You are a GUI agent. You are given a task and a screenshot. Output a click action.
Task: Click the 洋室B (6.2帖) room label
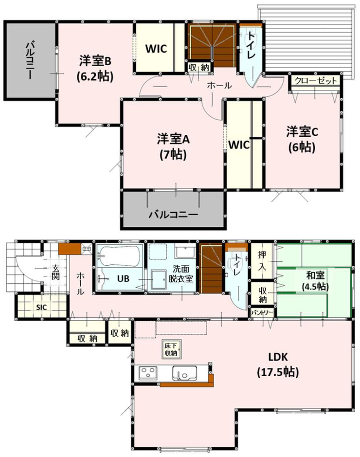click(95, 69)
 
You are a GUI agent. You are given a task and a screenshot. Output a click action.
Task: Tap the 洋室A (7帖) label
click(173, 146)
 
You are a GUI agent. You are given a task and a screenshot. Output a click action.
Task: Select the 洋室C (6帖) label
click(302, 140)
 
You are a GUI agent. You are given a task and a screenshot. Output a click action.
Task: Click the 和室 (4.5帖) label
click(315, 281)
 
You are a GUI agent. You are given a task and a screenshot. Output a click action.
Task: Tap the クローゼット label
click(315, 80)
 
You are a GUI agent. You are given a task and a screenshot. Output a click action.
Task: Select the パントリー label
click(262, 313)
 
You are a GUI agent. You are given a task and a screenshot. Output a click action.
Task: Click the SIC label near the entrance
click(41, 307)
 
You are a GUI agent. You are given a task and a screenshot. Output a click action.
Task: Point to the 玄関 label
click(55, 272)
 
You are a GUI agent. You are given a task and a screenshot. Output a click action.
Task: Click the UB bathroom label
click(123, 279)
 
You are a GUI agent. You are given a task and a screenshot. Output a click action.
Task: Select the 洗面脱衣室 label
click(180, 274)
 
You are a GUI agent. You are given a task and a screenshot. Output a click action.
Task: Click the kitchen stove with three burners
click(147, 373)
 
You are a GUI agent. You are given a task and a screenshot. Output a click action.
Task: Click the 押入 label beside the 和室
click(262, 260)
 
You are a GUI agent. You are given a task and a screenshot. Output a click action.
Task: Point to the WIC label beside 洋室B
click(156, 49)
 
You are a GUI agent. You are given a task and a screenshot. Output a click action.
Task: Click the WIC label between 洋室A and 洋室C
click(239, 145)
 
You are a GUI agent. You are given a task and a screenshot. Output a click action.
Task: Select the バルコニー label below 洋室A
click(174, 215)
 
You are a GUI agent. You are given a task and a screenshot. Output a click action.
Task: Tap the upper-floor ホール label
click(219, 85)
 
